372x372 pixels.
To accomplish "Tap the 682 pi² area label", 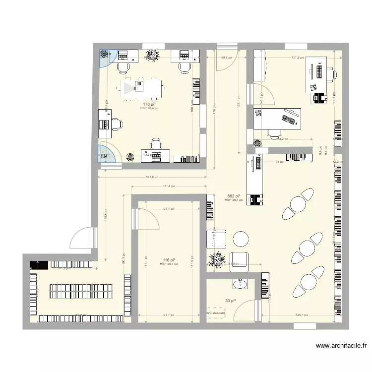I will pos(234,196).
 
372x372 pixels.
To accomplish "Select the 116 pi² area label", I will pos(169,260).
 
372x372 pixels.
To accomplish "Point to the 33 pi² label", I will pos(231,301).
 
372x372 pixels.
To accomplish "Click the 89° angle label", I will pos(104,156).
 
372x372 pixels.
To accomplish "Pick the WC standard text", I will pos(216,313).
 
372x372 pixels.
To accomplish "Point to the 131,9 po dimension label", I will pos(297,58).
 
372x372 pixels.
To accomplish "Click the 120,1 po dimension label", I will pos(302,315).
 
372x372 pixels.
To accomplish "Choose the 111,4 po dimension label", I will pos(170,186).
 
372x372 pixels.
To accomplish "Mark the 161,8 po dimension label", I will pos(152,177).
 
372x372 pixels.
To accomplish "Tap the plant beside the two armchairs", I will pos(217,259).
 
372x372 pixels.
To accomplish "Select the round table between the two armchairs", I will pos(241,239).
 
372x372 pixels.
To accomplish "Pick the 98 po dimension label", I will pos(279,162).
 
